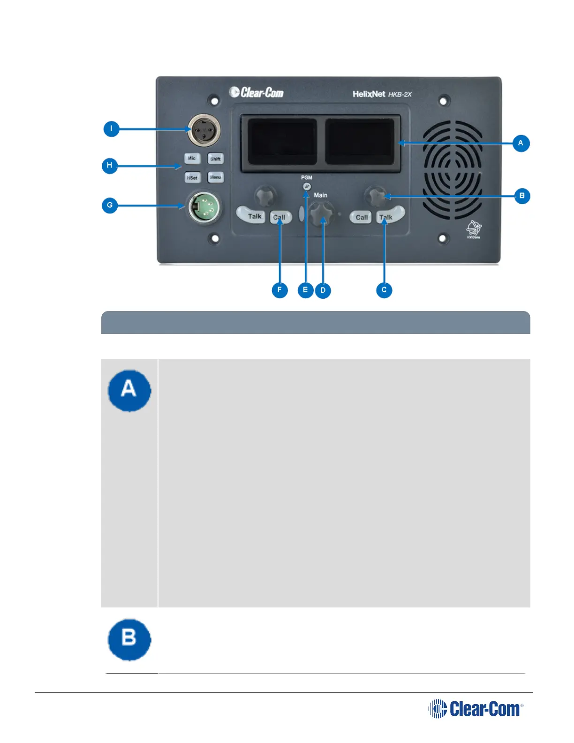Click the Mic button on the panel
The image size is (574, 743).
coord(192,158)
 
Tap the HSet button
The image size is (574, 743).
coord(192,177)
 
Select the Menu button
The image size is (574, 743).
coord(215,177)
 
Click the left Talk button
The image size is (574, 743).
coord(252,216)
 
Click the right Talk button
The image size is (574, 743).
coord(389,216)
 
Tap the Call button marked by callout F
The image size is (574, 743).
coord(280,217)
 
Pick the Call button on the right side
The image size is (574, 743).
coord(361,217)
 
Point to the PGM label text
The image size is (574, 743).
coord(307,178)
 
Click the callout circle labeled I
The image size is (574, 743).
coord(111,129)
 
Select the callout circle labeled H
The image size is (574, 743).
coord(110,166)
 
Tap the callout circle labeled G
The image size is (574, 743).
coord(110,205)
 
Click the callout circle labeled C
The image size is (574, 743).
coord(384,290)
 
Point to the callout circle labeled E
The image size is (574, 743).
coord(305,290)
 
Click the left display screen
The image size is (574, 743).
coord(282,141)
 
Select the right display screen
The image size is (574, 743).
coord(360,141)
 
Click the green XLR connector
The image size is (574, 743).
coord(204,207)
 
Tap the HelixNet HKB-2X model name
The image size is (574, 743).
coord(382,94)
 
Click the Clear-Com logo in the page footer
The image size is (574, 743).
coord(476,709)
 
